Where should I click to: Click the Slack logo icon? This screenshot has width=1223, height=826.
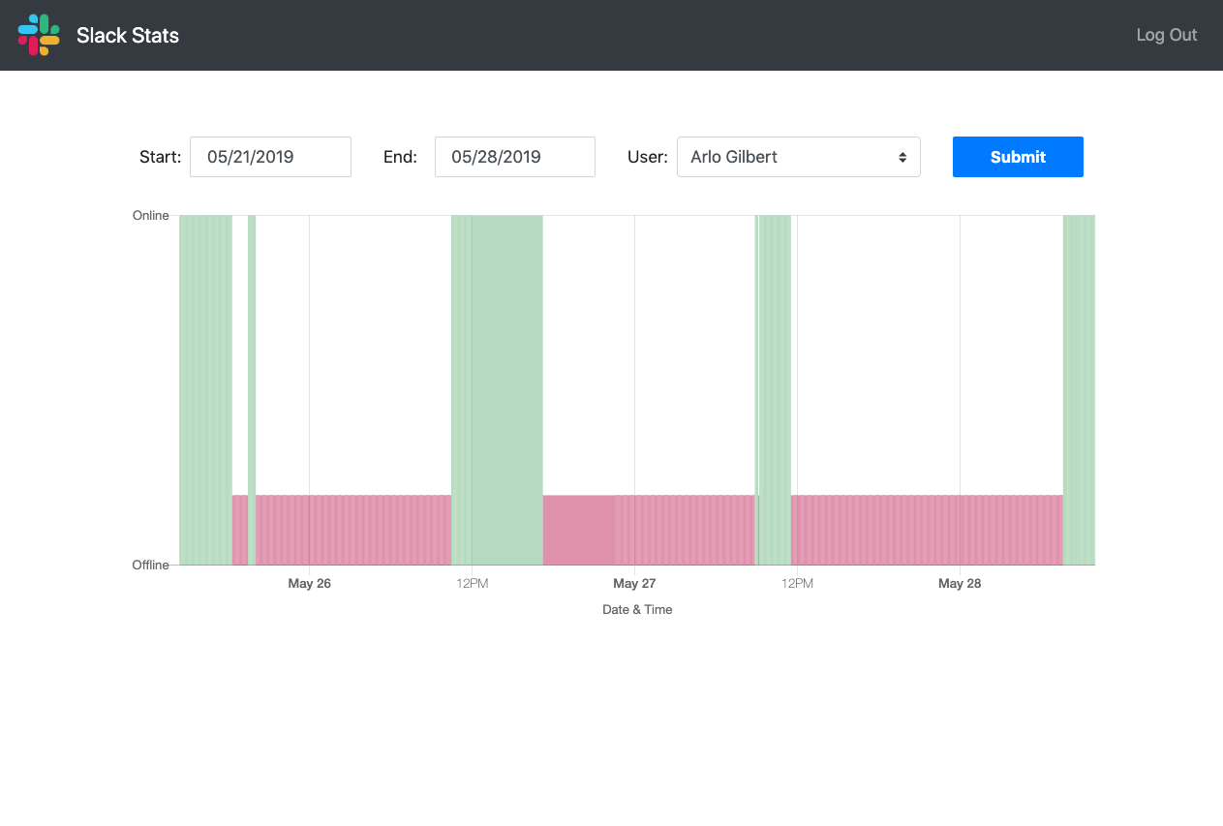(39, 35)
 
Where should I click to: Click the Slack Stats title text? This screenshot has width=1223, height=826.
(128, 36)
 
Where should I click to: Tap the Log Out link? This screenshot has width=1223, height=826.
(1166, 35)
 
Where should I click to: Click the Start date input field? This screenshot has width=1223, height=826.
(270, 157)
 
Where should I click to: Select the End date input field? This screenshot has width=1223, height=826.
(514, 157)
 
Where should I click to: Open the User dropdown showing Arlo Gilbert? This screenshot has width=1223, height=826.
(798, 157)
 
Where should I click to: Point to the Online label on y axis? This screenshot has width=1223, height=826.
(151, 216)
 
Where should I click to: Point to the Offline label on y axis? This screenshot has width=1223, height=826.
(151, 566)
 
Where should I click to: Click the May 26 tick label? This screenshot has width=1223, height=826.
(309, 584)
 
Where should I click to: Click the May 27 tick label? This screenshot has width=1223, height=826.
(634, 584)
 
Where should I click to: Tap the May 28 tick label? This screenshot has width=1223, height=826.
(960, 584)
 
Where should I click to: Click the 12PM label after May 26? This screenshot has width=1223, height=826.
(472, 584)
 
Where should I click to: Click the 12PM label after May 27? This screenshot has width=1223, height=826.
(797, 584)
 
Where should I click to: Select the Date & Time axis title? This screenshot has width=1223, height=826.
(637, 610)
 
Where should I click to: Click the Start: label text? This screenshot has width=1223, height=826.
(160, 157)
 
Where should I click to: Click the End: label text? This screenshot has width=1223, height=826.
(400, 157)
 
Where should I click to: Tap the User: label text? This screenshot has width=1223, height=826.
(647, 157)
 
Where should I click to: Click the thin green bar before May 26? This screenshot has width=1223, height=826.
(252, 387)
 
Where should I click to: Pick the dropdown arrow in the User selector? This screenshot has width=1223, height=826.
(902, 157)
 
